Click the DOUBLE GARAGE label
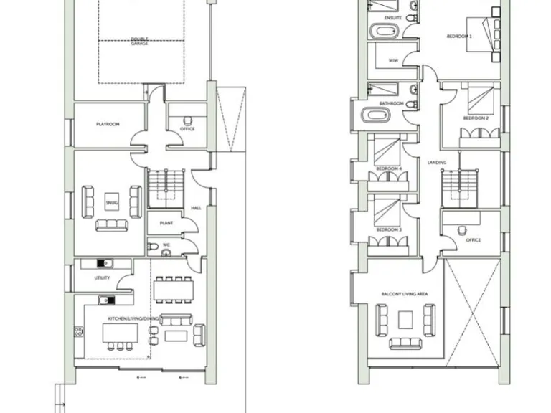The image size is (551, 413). click(x=139, y=42)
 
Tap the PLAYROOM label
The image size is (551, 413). click(x=108, y=125)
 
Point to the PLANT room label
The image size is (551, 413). click(x=166, y=223)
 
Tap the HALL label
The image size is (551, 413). click(x=196, y=209)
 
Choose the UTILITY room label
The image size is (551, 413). click(x=102, y=277)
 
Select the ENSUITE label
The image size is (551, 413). click(x=392, y=17)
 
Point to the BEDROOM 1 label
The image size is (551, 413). click(x=459, y=36)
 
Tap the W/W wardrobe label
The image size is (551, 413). click(x=393, y=61)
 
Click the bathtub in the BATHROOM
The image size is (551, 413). click(x=376, y=115)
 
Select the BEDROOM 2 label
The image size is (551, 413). click(x=475, y=118)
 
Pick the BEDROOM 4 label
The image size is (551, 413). click(x=388, y=169)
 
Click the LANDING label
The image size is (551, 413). click(x=436, y=163)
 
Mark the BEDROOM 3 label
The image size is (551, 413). click(x=388, y=229)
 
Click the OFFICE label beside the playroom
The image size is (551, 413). click(x=187, y=129)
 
